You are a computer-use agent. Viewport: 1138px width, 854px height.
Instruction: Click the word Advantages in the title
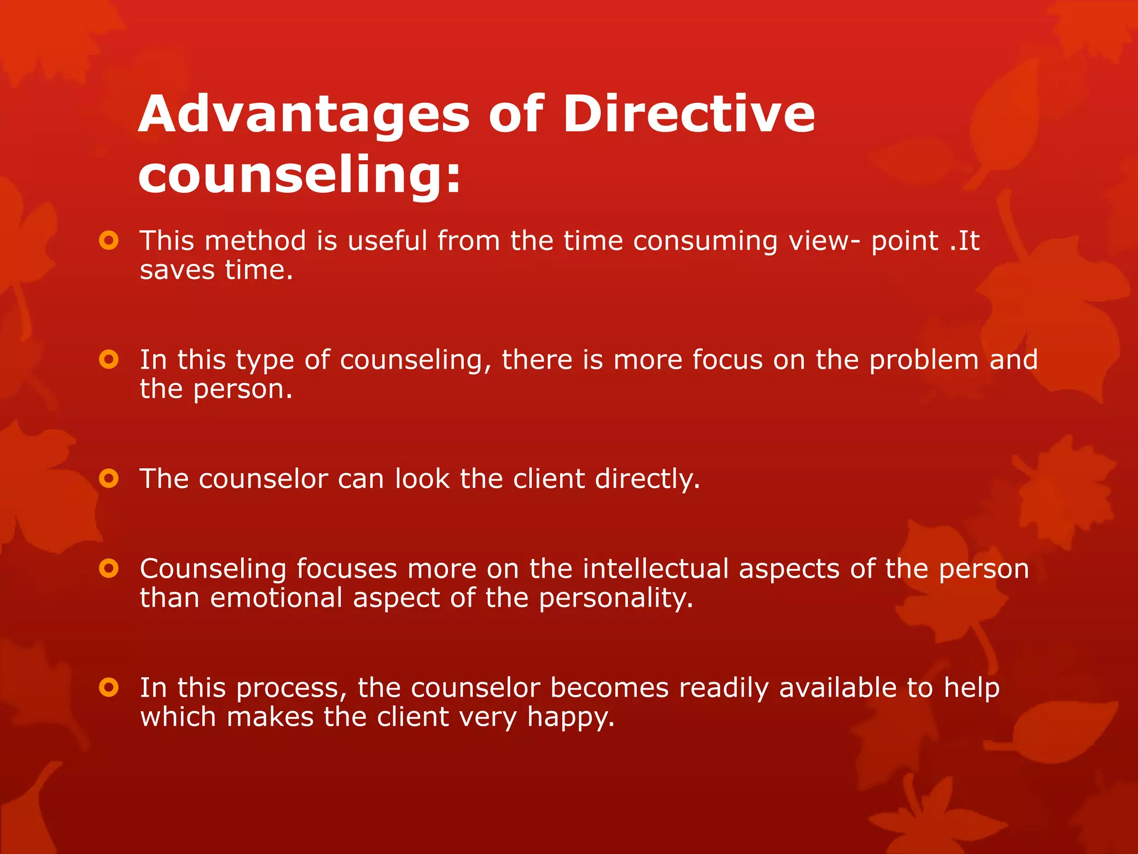click(x=304, y=115)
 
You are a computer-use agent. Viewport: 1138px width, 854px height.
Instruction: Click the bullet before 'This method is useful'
click(x=109, y=241)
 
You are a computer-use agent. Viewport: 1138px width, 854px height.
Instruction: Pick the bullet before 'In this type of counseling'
click(x=109, y=359)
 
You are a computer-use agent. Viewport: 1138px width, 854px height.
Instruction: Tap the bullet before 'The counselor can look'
click(x=109, y=478)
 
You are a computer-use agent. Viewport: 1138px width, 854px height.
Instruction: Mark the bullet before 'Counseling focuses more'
click(x=109, y=568)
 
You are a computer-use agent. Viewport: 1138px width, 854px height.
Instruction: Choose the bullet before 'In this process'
click(x=109, y=687)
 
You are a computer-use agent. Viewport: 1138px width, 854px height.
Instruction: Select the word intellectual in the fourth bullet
click(x=656, y=569)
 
